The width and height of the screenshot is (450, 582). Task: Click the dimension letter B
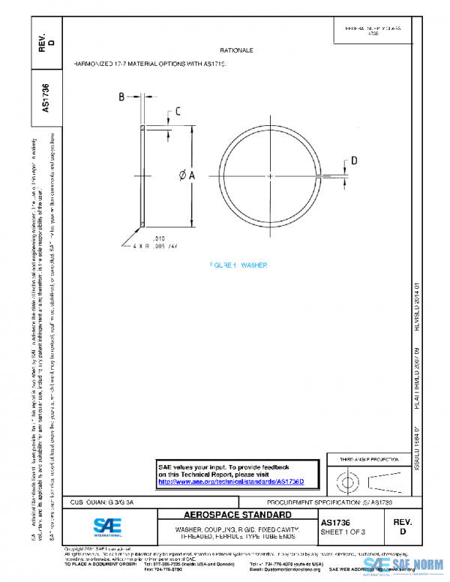point(120,96)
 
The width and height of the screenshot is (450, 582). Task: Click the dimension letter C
point(178,111)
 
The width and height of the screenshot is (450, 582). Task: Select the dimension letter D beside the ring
point(354,160)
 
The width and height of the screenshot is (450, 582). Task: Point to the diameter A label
point(187,175)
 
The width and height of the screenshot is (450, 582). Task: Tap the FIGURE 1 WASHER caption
point(238,265)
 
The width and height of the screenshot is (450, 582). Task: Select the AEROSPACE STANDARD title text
point(238,515)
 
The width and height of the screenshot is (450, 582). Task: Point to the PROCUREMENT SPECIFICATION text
point(329,501)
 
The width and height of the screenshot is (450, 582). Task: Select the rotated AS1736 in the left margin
point(46,97)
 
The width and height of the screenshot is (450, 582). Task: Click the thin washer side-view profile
point(142,175)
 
